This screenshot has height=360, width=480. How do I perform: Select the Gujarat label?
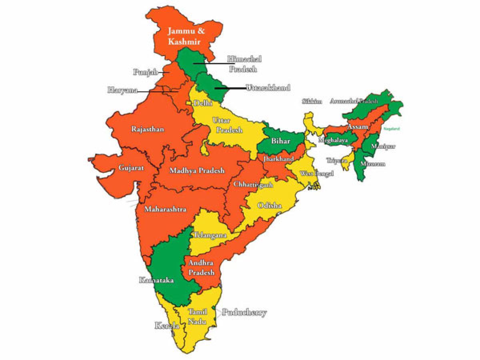[x=131, y=168]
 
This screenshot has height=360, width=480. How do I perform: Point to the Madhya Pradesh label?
[x=197, y=170]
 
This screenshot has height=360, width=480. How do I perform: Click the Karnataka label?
[x=156, y=280]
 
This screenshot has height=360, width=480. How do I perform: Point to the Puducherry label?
[x=244, y=312]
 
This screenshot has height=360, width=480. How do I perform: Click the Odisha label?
[x=269, y=206]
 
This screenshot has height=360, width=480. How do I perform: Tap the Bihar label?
[x=280, y=141]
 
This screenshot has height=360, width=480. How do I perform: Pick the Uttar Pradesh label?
[x=227, y=125]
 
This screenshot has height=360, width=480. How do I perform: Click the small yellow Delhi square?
[x=188, y=103]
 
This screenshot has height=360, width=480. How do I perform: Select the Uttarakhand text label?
[x=268, y=88]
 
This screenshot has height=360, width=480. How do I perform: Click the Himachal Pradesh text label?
[x=244, y=64]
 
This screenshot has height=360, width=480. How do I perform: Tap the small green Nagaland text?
[x=392, y=129]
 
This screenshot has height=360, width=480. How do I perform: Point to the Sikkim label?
[x=312, y=101]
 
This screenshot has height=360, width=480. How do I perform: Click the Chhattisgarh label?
[x=253, y=184]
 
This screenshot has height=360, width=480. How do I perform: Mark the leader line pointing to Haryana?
[x=156, y=91]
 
